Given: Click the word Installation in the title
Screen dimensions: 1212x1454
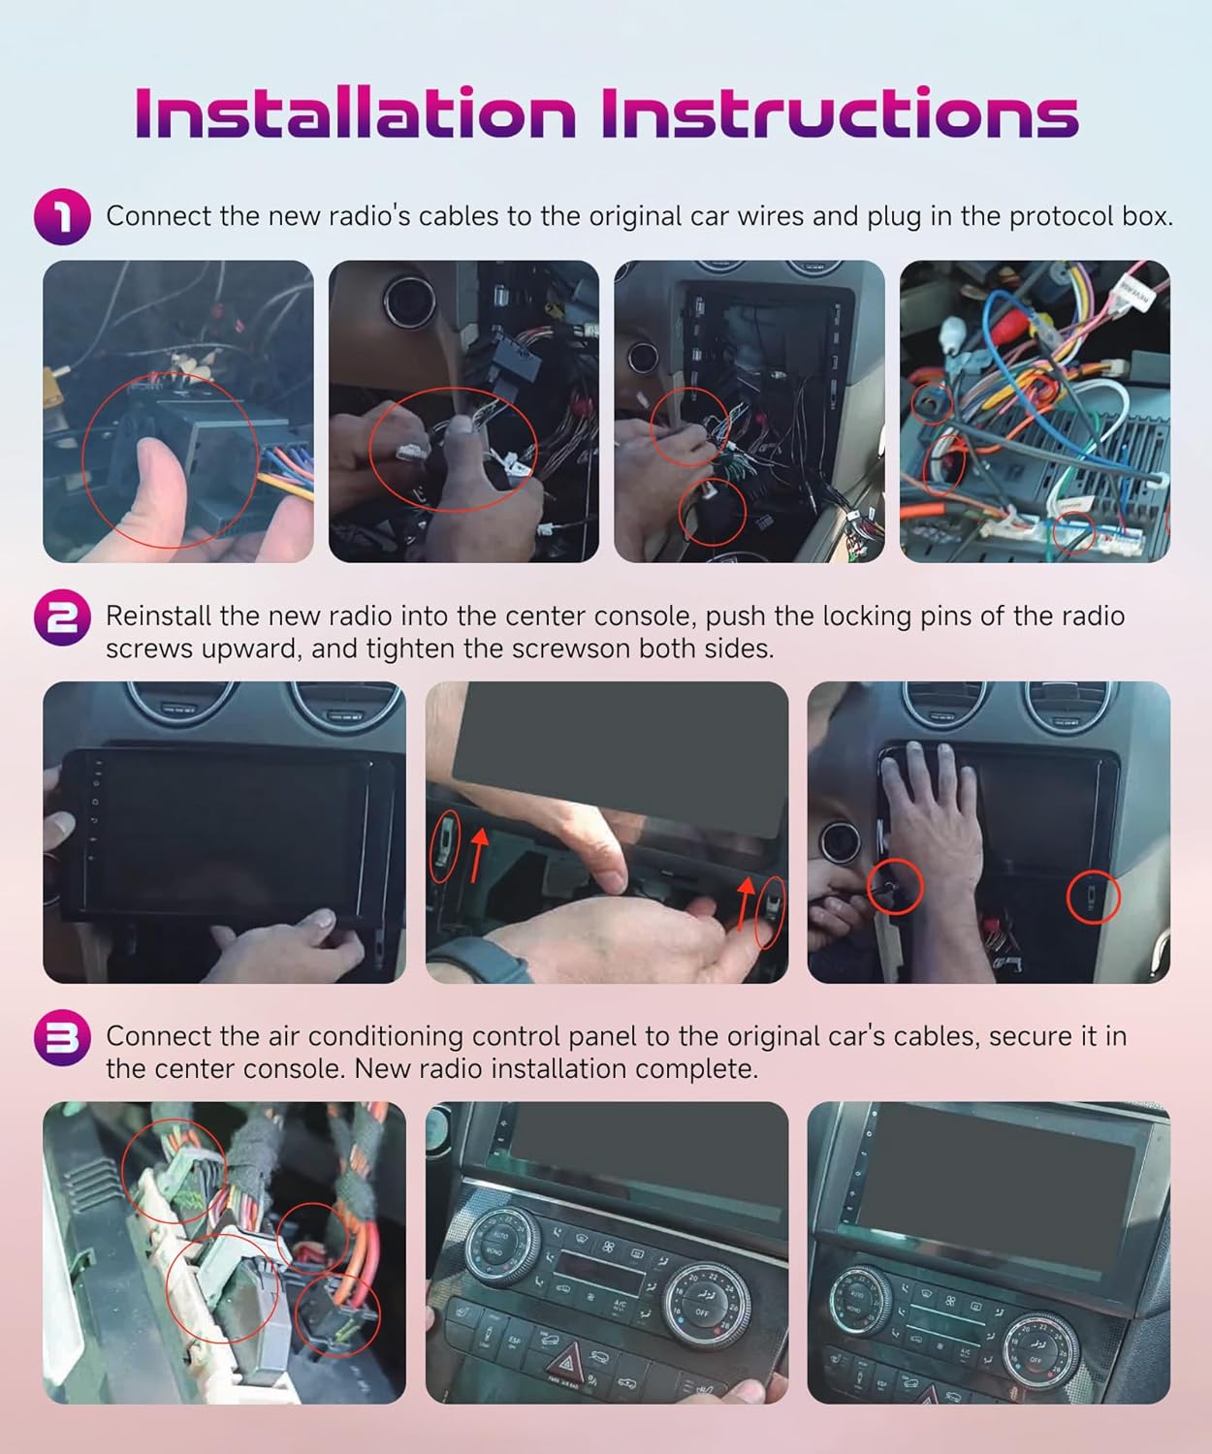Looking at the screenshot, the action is click(x=355, y=112).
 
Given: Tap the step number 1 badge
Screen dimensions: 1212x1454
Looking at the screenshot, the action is click(x=62, y=216).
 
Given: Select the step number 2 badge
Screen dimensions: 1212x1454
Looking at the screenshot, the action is click(x=62, y=617).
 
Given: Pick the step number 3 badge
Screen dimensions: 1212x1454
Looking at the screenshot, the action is click(x=62, y=1037).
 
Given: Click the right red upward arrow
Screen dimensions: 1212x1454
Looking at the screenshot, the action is click(x=745, y=903).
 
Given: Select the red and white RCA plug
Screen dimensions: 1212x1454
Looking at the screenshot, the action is click(x=1006, y=328).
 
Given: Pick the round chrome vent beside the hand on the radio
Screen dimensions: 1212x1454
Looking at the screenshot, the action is click(x=840, y=840).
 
